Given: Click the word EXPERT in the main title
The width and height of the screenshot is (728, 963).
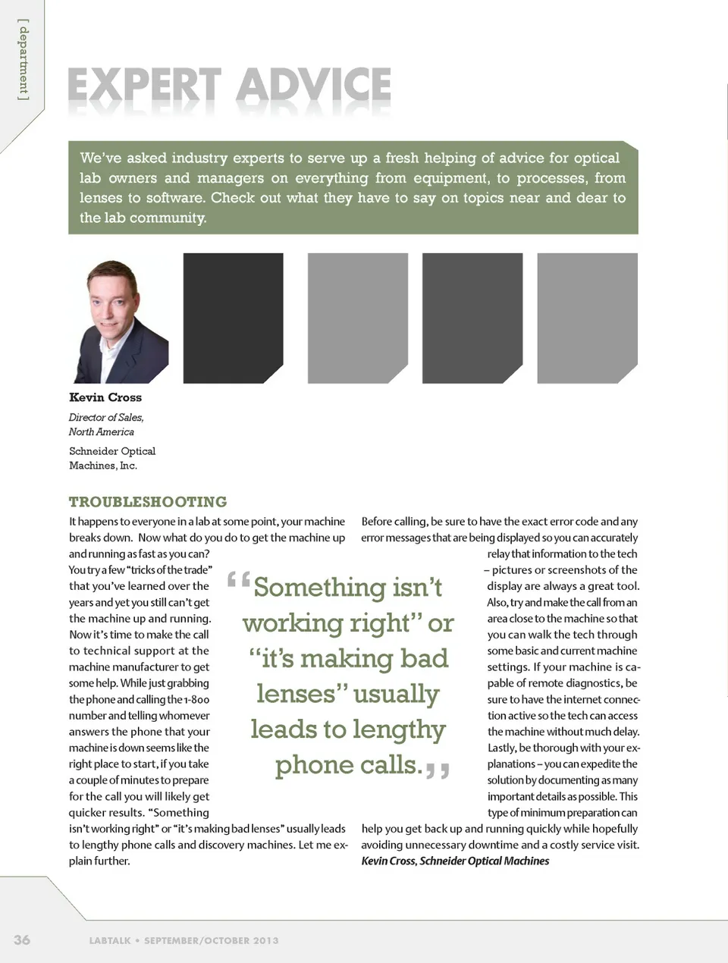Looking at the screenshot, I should (144, 86).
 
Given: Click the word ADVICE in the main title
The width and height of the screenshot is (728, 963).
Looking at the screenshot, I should (314, 86).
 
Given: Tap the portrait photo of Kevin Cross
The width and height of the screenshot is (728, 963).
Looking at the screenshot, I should (118, 318).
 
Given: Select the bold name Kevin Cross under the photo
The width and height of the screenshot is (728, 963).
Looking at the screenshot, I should (105, 397).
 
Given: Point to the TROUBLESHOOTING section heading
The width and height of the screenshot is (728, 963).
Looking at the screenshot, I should (148, 502).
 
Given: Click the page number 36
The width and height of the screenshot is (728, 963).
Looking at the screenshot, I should (22, 939).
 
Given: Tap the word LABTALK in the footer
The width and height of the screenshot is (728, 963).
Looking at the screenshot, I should (110, 940).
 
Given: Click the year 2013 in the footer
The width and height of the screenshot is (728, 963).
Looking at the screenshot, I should (266, 940).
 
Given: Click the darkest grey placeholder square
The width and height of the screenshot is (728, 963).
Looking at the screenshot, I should (233, 318).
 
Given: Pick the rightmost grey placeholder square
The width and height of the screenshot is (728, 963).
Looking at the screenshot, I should (587, 318).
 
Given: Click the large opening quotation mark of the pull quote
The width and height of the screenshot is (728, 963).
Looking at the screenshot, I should (238, 582).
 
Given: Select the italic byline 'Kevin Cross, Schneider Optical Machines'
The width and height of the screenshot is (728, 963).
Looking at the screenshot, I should (455, 861).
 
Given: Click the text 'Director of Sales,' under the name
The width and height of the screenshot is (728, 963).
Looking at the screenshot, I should (106, 417).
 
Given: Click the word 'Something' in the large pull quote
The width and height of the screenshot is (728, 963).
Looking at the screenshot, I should (319, 588).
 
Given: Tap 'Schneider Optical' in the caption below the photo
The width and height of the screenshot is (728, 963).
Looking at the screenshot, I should (112, 450).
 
